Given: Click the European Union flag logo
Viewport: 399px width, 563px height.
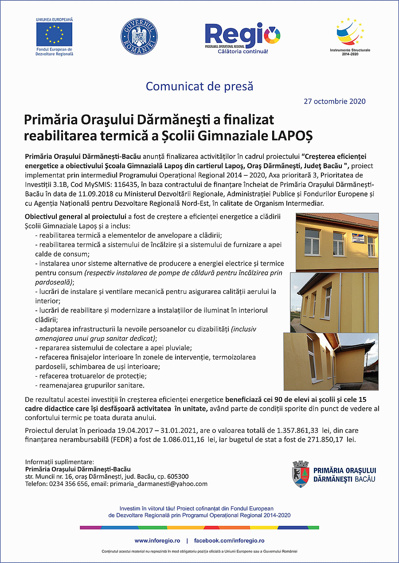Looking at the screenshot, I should (54, 33).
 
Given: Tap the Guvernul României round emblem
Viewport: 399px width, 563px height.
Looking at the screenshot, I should (139, 37).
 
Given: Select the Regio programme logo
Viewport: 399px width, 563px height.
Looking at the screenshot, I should (243, 36).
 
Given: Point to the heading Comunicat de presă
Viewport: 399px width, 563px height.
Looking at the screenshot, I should (199, 86).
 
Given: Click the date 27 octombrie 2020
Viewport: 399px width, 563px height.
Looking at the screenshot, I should (335, 101).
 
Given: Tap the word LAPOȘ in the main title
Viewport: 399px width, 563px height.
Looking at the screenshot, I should (292, 135).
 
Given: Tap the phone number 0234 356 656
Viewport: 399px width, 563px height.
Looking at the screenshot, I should (67, 484).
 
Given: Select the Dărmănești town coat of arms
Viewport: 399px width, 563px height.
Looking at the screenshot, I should (301, 474).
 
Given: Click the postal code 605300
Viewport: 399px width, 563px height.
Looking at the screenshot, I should (176, 477).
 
